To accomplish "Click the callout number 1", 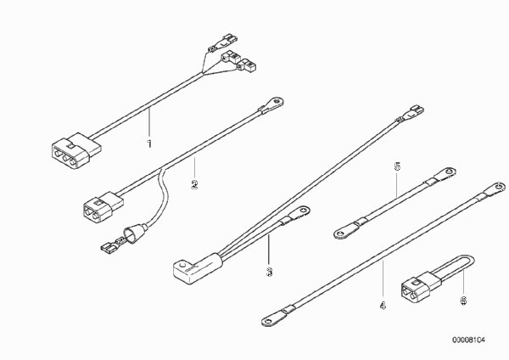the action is click(149, 143).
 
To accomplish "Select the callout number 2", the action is click(194, 184).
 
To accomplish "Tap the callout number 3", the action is click(269, 272).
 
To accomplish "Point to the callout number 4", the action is click(383, 306).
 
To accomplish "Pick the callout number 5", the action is click(397, 166).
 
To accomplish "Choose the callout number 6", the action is click(463, 301).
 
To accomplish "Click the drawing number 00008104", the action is click(469, 340).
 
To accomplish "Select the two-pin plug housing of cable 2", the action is click(103, 205).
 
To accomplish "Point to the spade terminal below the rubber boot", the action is click(110, 246).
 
